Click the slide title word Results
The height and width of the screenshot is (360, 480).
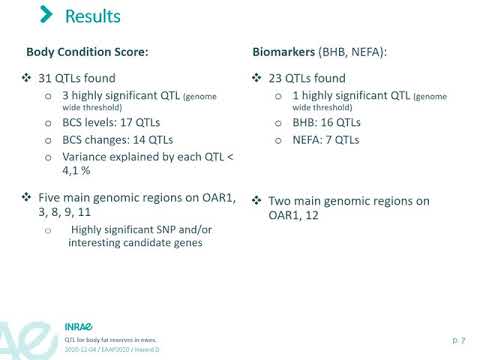pyautogui.click(x=92, y=17)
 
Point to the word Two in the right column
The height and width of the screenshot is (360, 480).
pyautogui.click(x=281, y=201)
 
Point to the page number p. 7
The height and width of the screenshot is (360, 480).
pyautogui.click(x=456, y=340)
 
